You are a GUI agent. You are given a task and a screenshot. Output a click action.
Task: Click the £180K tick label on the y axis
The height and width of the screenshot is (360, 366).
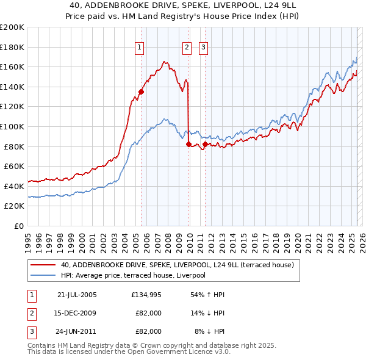12,47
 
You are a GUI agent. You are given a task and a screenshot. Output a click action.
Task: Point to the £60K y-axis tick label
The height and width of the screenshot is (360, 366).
14,166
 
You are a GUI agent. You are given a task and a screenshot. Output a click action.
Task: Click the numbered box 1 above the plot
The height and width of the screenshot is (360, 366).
140,47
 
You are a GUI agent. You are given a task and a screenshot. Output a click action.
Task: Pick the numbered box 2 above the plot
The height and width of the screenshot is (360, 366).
186,47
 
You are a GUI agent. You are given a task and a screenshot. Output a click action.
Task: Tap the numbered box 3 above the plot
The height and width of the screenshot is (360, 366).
203,47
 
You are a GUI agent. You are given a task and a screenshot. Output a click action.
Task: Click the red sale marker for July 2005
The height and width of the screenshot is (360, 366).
141,92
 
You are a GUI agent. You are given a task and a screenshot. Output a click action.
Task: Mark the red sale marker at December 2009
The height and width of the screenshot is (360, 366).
188,145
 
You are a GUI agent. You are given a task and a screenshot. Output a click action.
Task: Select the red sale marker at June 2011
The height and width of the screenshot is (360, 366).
205,145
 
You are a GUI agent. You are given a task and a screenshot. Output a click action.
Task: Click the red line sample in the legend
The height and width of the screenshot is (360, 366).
43,265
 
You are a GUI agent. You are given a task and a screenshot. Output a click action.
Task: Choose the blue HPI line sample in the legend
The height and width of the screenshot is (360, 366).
43,275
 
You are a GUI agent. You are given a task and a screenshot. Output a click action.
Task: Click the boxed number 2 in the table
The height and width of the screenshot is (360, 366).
31,314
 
